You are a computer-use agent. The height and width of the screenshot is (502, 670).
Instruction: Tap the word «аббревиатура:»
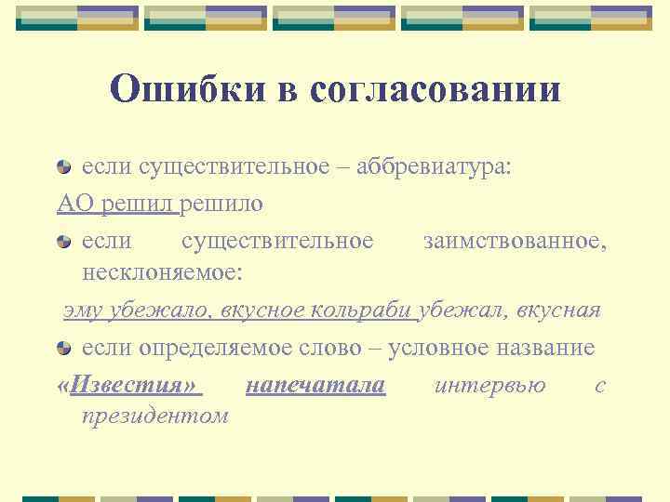pyautogui.click(x=427, y=167)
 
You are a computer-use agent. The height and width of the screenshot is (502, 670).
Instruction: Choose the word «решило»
pyautogui.click(x=222, y=203)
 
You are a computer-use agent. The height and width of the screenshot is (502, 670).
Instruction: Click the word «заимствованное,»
pyautogui.click(x=516, y=241)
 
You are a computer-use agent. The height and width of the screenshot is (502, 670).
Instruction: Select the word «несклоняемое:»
pyautogui.click(x=162, y=273)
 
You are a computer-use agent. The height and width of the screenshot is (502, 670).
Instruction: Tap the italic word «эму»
pyautogui.click(x=82, y=310)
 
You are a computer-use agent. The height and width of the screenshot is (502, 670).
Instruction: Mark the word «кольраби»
pyautogui.click(x=368, y=310)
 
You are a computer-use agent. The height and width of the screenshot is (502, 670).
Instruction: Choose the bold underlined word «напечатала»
pyautogui.click(x=315, y=384)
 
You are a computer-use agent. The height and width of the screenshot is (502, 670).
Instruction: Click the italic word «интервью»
pyautogui.click(x=489, y=384)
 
